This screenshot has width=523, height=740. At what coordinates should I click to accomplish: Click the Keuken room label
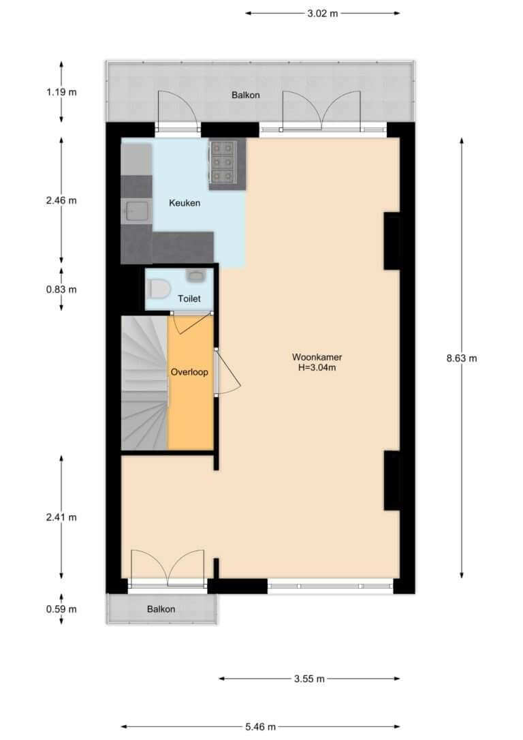185,203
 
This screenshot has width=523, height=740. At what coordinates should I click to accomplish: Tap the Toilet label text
189,298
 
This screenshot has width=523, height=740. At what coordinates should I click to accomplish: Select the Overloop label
189,372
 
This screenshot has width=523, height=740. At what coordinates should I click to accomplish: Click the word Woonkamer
317,357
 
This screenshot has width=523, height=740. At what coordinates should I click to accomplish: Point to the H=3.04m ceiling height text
317,368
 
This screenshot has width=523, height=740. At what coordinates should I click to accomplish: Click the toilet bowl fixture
159,289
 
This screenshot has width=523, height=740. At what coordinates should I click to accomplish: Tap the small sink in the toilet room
194,275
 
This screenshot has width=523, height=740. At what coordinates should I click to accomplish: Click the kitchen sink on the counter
136,211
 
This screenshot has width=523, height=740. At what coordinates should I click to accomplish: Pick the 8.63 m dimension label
462,358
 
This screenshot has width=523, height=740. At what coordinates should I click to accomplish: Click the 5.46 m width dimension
260,727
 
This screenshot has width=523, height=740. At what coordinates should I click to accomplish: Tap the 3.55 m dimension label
309,679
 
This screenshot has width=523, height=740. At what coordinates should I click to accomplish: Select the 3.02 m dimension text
323,13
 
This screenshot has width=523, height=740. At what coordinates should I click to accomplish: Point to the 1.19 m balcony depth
61,92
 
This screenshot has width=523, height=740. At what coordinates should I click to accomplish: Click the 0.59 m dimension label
61,609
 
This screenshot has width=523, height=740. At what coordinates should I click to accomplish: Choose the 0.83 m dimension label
61,290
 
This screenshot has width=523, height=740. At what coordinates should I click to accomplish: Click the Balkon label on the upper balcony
246,95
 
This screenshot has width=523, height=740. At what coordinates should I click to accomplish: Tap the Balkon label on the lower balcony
161,609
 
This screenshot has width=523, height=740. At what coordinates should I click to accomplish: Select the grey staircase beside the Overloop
145,382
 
